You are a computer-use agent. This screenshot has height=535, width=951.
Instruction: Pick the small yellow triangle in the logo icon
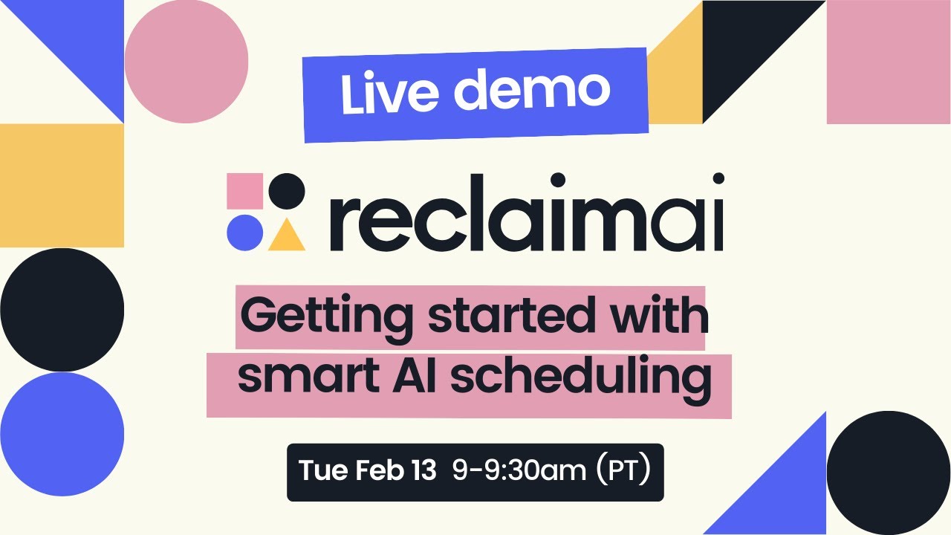tap(286, 236)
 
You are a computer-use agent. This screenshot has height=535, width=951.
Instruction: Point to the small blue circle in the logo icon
tap(244, 233)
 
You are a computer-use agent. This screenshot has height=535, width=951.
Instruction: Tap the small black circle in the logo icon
tap(287, 191)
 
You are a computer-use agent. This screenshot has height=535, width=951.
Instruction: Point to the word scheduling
tap(577, 377)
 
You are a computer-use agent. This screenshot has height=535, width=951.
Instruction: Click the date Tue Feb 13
tap(367, 470)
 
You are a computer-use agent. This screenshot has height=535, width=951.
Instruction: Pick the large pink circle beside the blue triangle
tap(186, 61)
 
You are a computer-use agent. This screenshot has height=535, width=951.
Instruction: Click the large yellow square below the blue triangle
tap(62, 185)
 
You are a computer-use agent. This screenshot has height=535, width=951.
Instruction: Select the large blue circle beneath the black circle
tap(62, 434)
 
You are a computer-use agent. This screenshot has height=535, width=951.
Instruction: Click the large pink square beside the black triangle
tap(889, 62)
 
